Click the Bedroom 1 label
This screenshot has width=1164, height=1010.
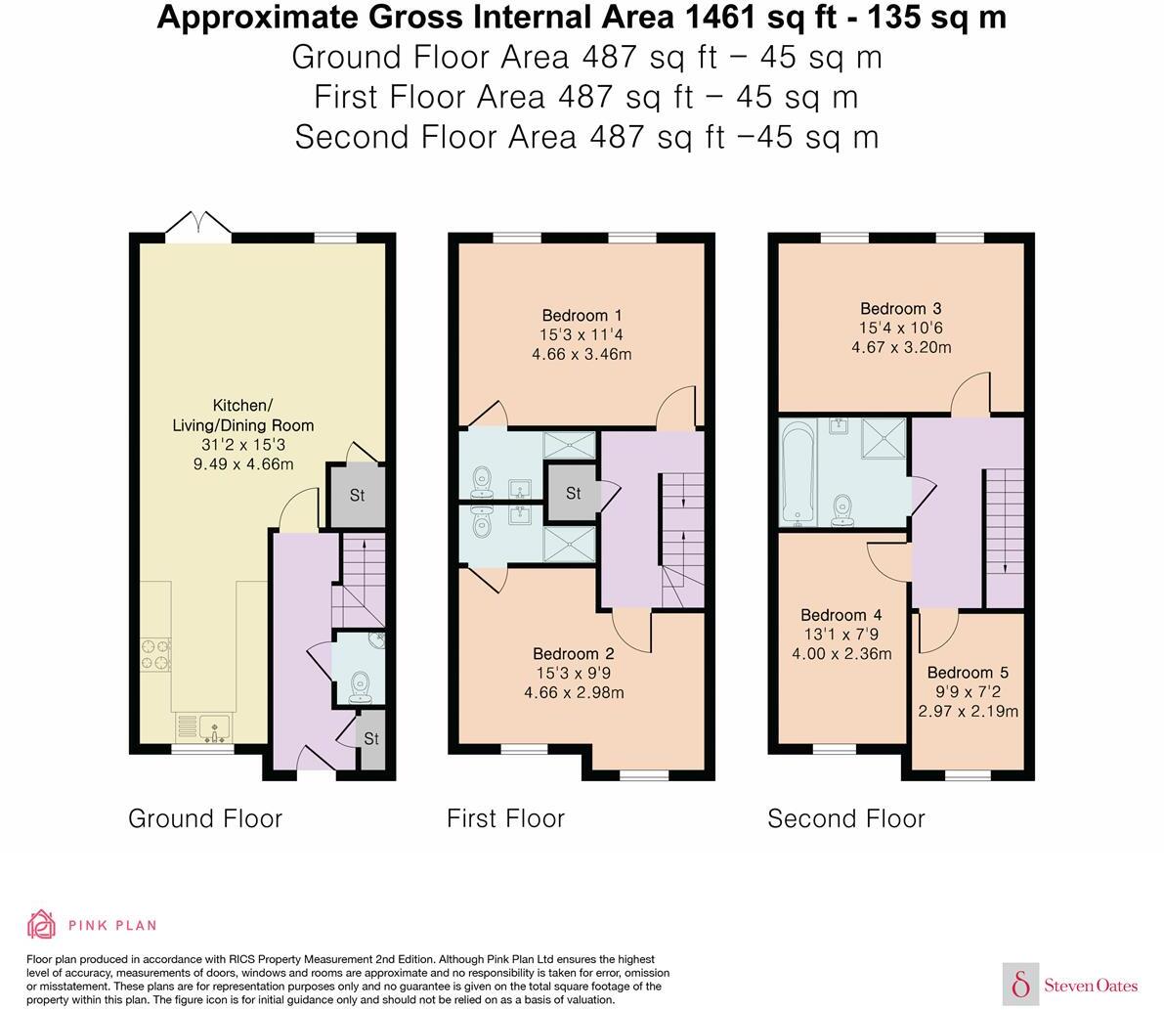pyautogui.click(x=582, y=316)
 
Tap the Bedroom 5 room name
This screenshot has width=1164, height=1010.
pyautogui.click(x=968, y=673)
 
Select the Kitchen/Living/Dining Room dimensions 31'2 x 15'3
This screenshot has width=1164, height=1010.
pyautogui.click(x=243, y=445)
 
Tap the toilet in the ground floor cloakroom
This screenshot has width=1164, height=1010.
pyautogui.click(x=360, y=687)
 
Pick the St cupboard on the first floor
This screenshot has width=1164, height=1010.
pyautogui.click(x=573, y=493)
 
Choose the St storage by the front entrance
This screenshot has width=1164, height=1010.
pyautogui.click(x=371, y=740)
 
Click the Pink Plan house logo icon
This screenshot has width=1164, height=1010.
pyautogui.click(x=42, y=925)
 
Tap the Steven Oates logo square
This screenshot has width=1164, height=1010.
pyautogui.click(x=1020, y=985)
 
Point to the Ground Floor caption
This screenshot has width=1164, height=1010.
pyautogui.click(x=205, y=818)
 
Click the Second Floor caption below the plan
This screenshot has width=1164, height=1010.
pyautogui.click(x=846, y=818)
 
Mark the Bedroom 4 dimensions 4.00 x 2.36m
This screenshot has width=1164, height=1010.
pyautogui.click(x=841, y=654)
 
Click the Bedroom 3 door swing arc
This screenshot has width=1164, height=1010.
pyautogui.click(x=970, y=390)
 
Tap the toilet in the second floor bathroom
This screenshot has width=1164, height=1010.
pyautogui.click(x=842, y=510)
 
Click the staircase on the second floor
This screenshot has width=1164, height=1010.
pyautogui.click(x=1005, y=538)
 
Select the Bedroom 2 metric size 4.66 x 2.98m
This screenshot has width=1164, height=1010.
pyautogui.click(x=574, y=693)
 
